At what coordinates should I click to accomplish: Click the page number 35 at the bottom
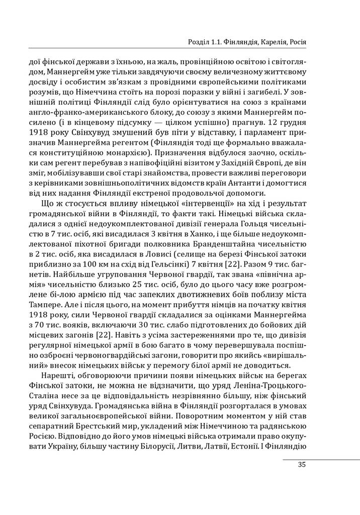[x=302, y=465]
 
